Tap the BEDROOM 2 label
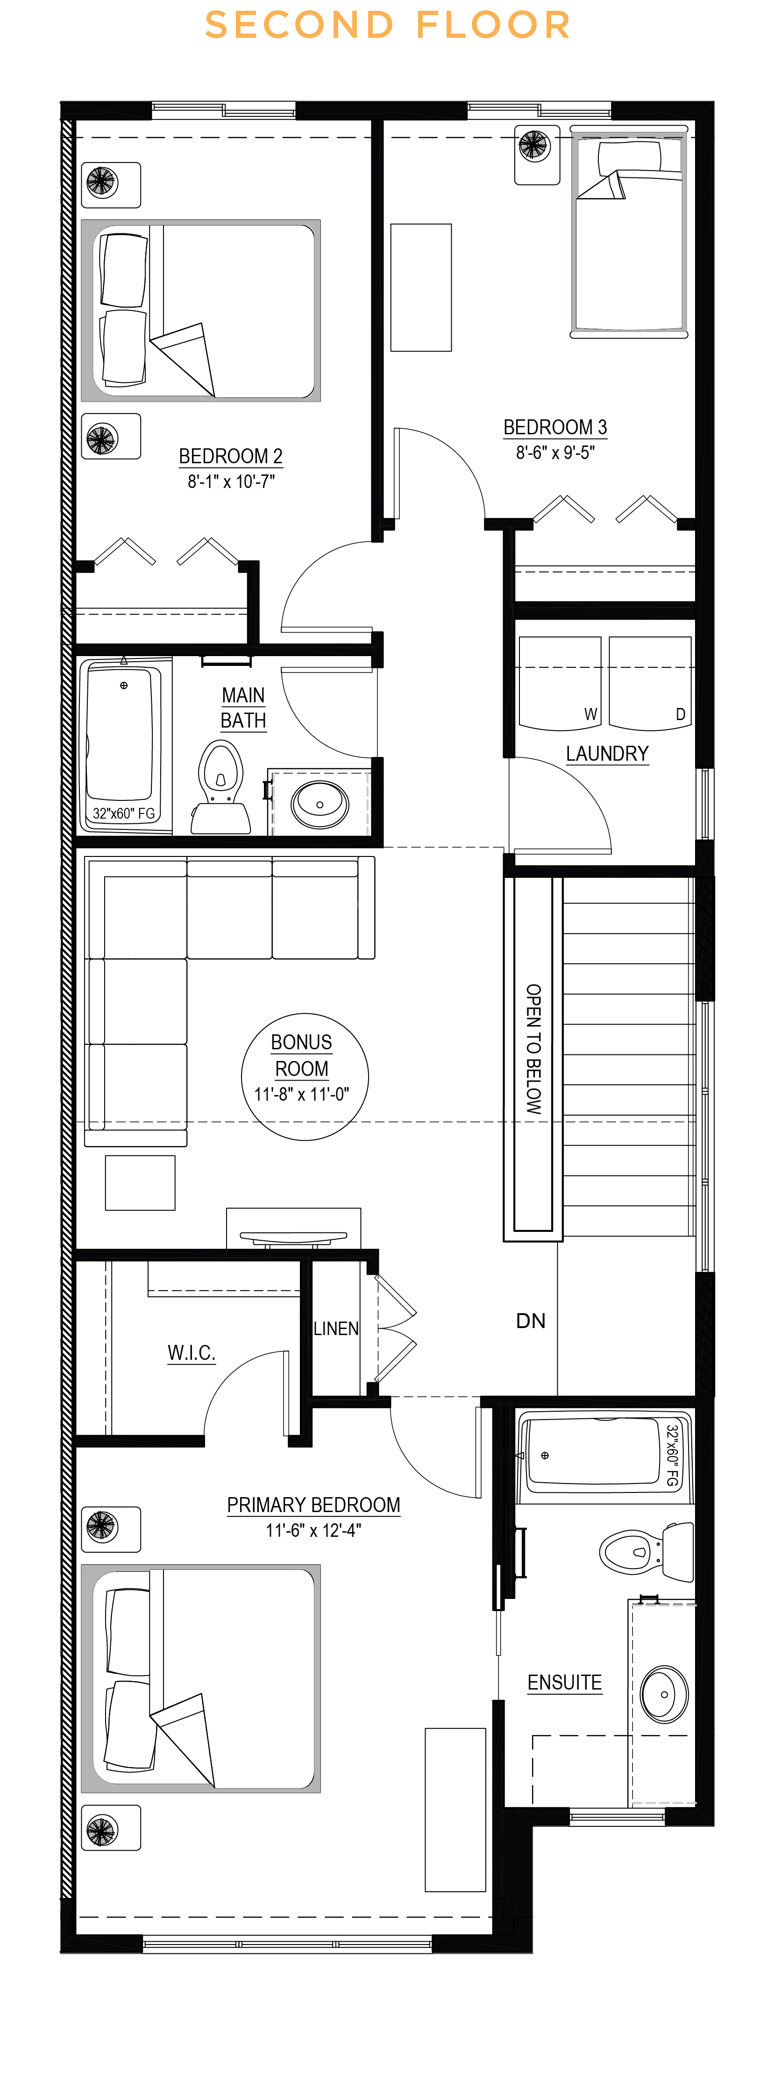[x=231, y=456]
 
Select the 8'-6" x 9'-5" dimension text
[x=555, y=453]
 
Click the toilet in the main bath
[x=220, y=788]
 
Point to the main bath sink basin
[x=320, y=803]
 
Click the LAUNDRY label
[x=607, y=754]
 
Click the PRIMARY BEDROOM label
[x=313, y=1505]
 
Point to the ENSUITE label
[x=564, y=1682]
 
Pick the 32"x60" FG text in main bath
[x=124, y=813]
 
